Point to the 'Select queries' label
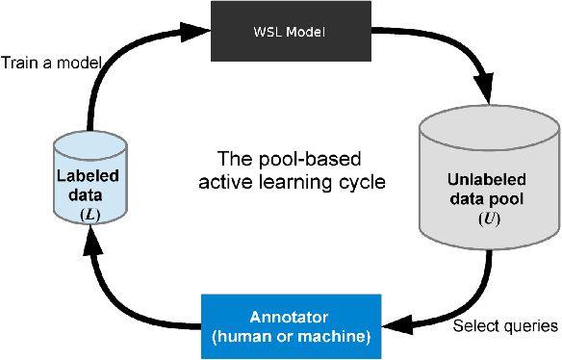(x=505, y=325)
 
